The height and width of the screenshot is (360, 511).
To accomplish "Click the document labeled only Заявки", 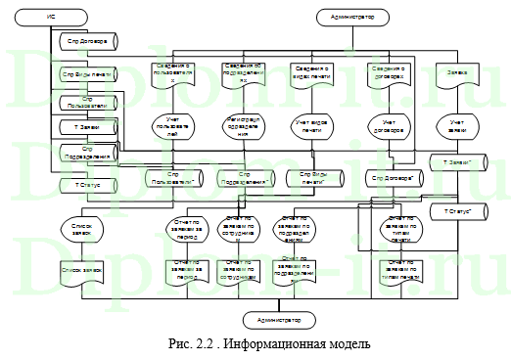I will click(457, 73).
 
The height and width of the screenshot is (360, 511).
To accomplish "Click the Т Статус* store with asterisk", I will click(457, 210).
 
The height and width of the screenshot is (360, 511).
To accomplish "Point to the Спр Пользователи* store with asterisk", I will click(175, 179).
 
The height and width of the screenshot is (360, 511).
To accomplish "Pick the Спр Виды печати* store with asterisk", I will click(313, 179).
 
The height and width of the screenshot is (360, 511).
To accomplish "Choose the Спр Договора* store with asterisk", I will click(392, 179).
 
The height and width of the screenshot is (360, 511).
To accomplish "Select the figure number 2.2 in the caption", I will click(204, 344).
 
